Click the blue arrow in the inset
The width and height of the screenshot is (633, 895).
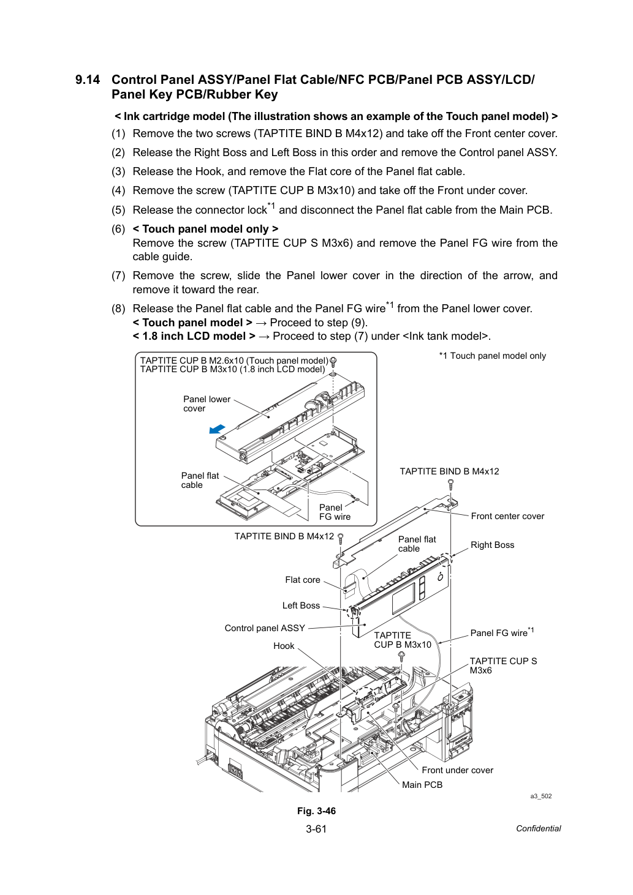[x=217, y=429]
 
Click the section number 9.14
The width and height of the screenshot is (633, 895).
[x=88, y=80]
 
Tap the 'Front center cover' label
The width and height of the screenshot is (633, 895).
[x=507, y=516]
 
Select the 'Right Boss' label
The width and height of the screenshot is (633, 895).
[x=492, y=545]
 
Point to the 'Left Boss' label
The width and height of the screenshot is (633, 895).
[x=301, y=605]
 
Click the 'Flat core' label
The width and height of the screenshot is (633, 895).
[x=303, y=580]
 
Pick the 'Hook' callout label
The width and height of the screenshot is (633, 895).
[x=284, y=646]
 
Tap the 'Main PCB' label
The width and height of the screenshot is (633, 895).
[x=422, y=785]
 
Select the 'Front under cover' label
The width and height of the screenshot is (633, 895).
[x=458, y=770]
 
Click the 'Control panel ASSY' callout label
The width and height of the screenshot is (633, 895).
[x=265, y=628]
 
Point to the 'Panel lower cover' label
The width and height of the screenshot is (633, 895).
[x=207, y=403]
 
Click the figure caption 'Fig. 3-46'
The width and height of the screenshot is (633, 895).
[x=316, y=811]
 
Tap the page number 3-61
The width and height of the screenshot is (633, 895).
[x=316, y=829]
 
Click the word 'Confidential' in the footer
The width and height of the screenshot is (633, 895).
[x=538, y=829]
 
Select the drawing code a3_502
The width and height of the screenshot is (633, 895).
[x=541, y=796]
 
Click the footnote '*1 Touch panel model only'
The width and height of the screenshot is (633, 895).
[x=492, y=356]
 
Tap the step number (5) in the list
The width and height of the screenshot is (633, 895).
[x=118, y=210]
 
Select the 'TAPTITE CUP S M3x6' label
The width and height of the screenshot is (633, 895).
[x=503, y=665]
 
